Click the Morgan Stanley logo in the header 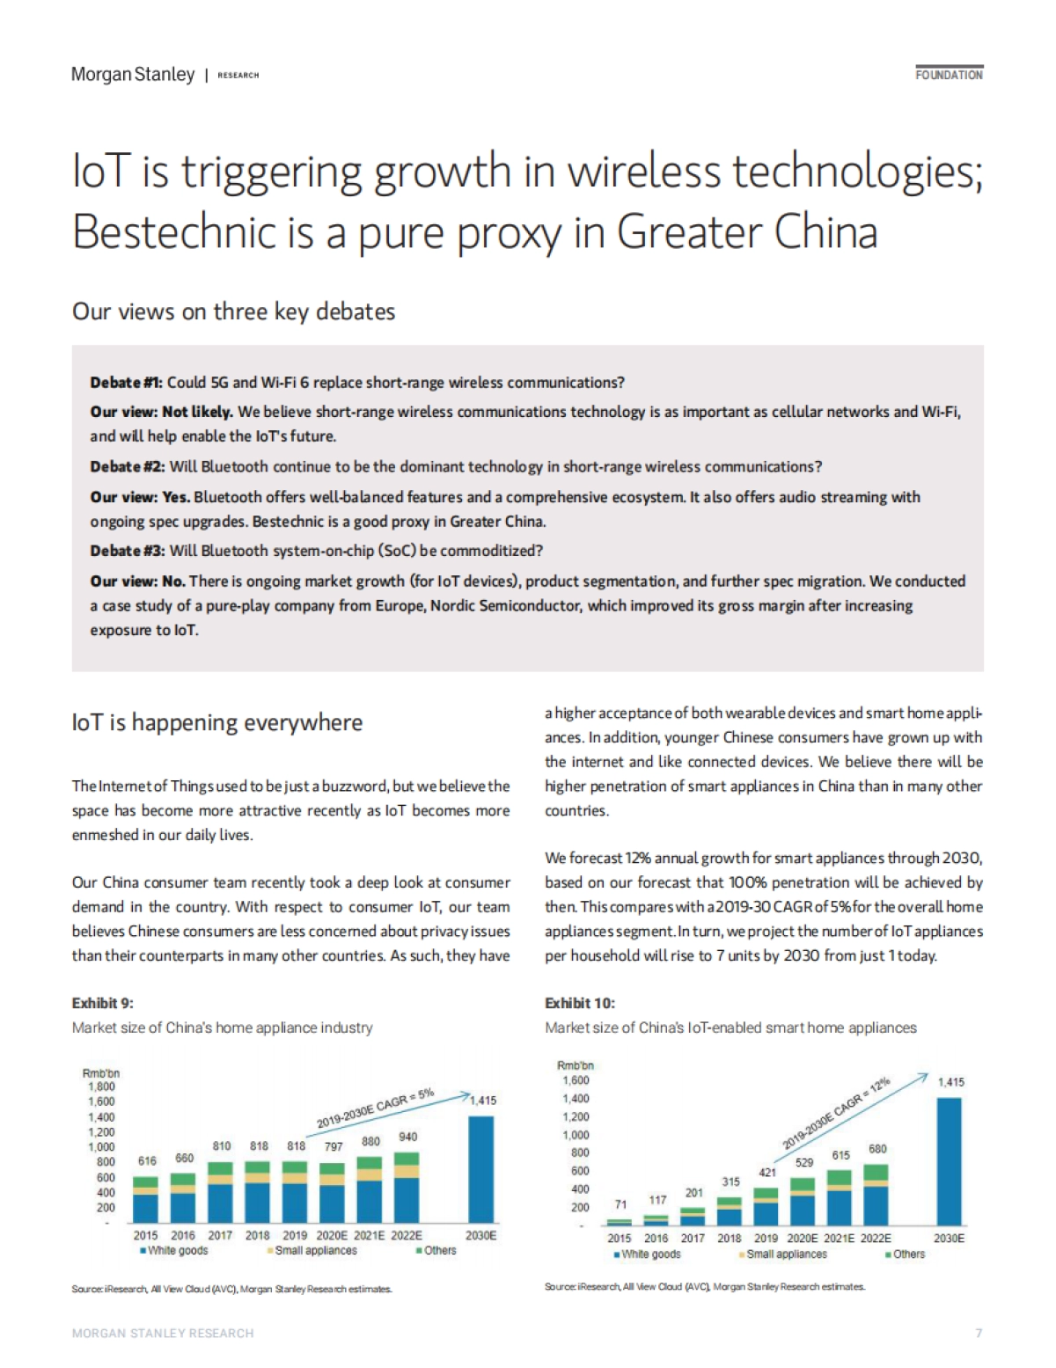click(133, 75)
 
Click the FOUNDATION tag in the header click(949, 75)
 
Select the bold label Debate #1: click(127, 383)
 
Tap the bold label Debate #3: click(127, 551)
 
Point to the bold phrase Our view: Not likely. click(161, 412)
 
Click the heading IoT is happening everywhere click(217, 722)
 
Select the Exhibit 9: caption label click(102, 1003)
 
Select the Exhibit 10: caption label click(580, 1003)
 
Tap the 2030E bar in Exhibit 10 click(949, 1160)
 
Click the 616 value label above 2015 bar click(147, 1161)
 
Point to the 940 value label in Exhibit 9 click(407, 1137)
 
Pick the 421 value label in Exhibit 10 click(767, 1172)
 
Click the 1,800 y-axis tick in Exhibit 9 click(101, 1086)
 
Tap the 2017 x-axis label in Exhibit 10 click(693, 1238)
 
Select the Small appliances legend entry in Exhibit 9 click(315, 1250)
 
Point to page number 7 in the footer click(979, 1333)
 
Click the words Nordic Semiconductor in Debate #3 click(506, 606)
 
